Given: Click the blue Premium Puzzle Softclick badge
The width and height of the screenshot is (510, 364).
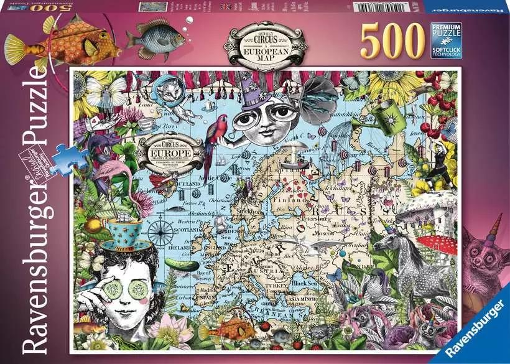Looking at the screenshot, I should [x=446, y=39].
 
